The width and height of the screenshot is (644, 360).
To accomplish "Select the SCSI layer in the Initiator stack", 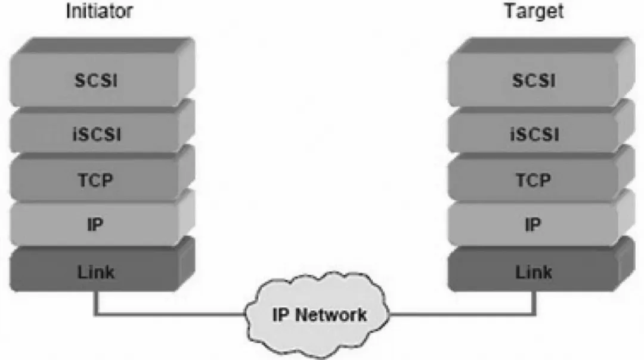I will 96,80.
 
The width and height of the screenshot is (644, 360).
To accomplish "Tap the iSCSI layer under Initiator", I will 96,134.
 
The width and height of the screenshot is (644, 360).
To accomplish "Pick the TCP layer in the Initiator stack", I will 96,179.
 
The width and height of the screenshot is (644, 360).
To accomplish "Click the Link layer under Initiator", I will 96,272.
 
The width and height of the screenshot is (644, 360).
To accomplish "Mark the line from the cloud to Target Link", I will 465,314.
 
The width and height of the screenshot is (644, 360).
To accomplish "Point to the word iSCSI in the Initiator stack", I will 96,134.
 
